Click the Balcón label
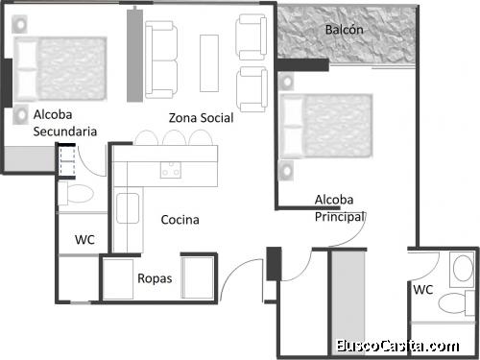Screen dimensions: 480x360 344,30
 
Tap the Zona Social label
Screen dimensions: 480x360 201,117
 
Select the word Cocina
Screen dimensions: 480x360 180,220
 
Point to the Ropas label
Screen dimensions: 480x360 155,278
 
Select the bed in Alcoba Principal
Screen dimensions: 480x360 327,126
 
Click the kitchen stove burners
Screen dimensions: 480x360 172,170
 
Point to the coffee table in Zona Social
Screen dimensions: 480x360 208,62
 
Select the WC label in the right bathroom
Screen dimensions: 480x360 422,288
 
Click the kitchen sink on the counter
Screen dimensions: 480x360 127,206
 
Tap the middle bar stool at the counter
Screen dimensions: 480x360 174,139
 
